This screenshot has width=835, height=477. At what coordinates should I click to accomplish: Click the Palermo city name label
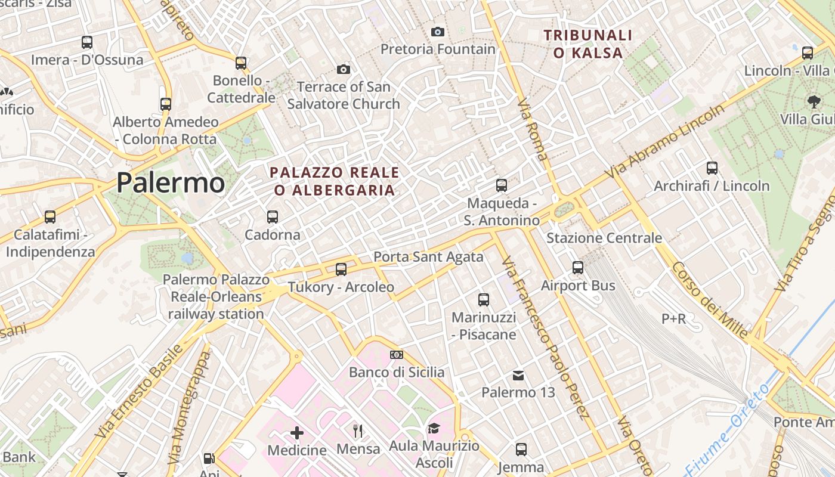coord(171,182)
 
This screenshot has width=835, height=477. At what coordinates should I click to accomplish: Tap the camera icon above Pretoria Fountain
coord(438,32)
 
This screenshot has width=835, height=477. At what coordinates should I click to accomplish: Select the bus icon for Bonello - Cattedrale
coord(241,63)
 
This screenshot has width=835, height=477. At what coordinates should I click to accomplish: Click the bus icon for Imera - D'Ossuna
coord(87,42)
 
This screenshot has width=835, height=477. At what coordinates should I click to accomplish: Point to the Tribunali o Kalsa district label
coord(588,44)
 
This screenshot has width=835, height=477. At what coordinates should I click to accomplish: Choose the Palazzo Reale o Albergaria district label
coord(334,181)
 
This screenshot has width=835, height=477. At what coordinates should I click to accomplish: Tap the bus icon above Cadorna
coord(273,217)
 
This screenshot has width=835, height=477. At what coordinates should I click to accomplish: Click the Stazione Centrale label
coord(604,238)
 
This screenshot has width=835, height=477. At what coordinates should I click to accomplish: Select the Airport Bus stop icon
coord(578,268)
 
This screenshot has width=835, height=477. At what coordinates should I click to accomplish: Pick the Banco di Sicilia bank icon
coord(396,355)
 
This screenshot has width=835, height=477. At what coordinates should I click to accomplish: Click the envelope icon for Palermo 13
coord(518,376)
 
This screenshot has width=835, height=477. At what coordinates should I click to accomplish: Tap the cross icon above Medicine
coord(297,432)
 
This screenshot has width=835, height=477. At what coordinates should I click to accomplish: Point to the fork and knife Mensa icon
coord(358,430)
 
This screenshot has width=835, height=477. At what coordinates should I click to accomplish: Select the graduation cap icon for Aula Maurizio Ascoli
coord(434,428)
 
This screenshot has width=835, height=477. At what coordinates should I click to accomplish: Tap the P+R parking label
coord(674,319)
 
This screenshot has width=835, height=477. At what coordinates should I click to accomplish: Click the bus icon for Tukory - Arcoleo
coord(341,270)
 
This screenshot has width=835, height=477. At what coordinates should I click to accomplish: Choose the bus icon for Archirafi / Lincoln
coord(712,168)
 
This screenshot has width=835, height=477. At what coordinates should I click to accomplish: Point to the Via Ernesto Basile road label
coord(139,391)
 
